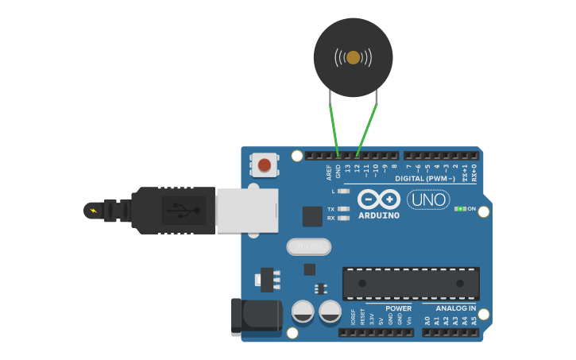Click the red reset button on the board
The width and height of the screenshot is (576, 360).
pyautogui.click(x=264, y=165)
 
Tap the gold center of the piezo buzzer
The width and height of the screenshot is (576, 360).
pyautogui.click(x=353, y=57)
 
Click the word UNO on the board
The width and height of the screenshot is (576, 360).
pyautogui.click(x=428, y=199)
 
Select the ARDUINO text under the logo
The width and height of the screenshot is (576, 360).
pyautogui.click(x=379, y=215)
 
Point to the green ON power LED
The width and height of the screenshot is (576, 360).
pyautogui.click(x=460, y=208)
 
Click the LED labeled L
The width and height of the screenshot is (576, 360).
pyautogui.click(x=343, y=191)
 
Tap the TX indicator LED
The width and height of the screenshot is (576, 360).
pyautogui.click(x=343, y=208)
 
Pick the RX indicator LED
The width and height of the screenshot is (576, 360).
pyautogui.click(x=343, y=217)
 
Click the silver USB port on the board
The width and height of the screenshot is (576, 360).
pyautogui.click(x=247, y=211)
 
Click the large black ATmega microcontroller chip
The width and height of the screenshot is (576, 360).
pyautogui.click(x=411, y=283)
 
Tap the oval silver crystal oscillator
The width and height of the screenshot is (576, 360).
pyautogui.click(x=307, y=247)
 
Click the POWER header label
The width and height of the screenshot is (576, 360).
pyautogui.click(x=399, y=308)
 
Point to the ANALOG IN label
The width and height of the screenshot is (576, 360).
pyautogui.click(x=456, y=308)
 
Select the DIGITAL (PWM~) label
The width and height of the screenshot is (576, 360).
pyautogui.click(x=430, y=178)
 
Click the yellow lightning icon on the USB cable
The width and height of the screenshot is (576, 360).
pyautogui.click(x=94, y=211)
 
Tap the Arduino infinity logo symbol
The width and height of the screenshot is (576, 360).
pyautogui.click(x=378, y=199)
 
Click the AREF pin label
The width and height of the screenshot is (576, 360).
pyautogui.click(x=329, y=172)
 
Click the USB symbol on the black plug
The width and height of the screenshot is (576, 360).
pyautogui.click(x=184, y=211)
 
